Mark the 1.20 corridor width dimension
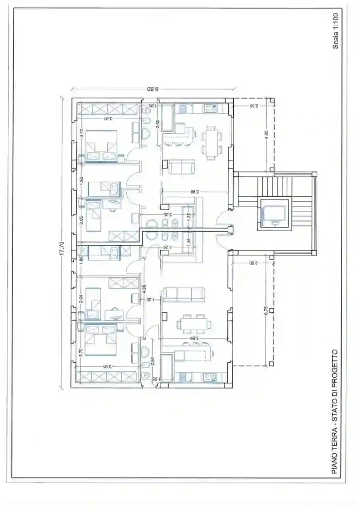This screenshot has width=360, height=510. tap(150, 300)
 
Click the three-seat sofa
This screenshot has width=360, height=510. tap(185, 294)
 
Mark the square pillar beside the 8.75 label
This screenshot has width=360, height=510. tap(273, 310)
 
